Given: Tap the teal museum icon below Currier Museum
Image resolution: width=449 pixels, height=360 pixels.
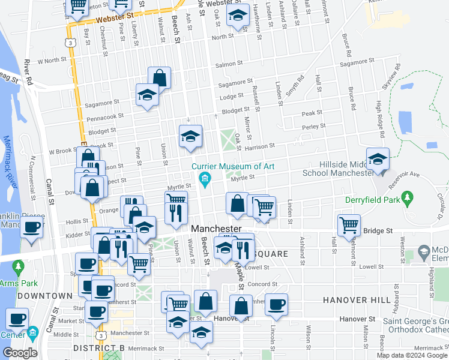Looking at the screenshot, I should coord(205,179).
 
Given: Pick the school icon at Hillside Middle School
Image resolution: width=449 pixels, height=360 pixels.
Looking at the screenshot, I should coord(378,159).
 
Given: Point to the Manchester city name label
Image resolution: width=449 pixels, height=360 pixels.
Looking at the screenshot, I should coord(216,229).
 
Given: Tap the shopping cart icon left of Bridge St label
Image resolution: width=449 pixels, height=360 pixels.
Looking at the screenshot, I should coord(349,225).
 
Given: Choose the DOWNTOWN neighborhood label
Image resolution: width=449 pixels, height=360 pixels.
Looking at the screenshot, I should coord(45,296).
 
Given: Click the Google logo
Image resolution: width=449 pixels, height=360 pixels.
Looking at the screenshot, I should coord(20,353).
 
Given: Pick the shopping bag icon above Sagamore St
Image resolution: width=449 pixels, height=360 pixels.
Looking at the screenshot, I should coord(159,77).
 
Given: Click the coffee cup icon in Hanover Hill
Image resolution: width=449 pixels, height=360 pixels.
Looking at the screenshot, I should coord(276,304).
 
